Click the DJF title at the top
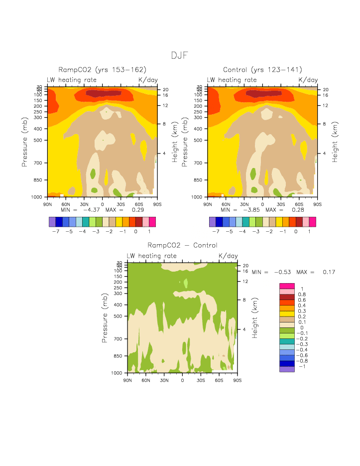[x=180, y=55]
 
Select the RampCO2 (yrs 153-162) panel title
[x=102, y=70]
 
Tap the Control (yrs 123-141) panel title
[x=262, y=70]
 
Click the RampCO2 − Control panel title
[x=182, y=245]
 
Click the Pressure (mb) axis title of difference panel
[x=106, y=317]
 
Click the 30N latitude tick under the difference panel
[x=164, y=380]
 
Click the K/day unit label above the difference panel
[x=228, y=256]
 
